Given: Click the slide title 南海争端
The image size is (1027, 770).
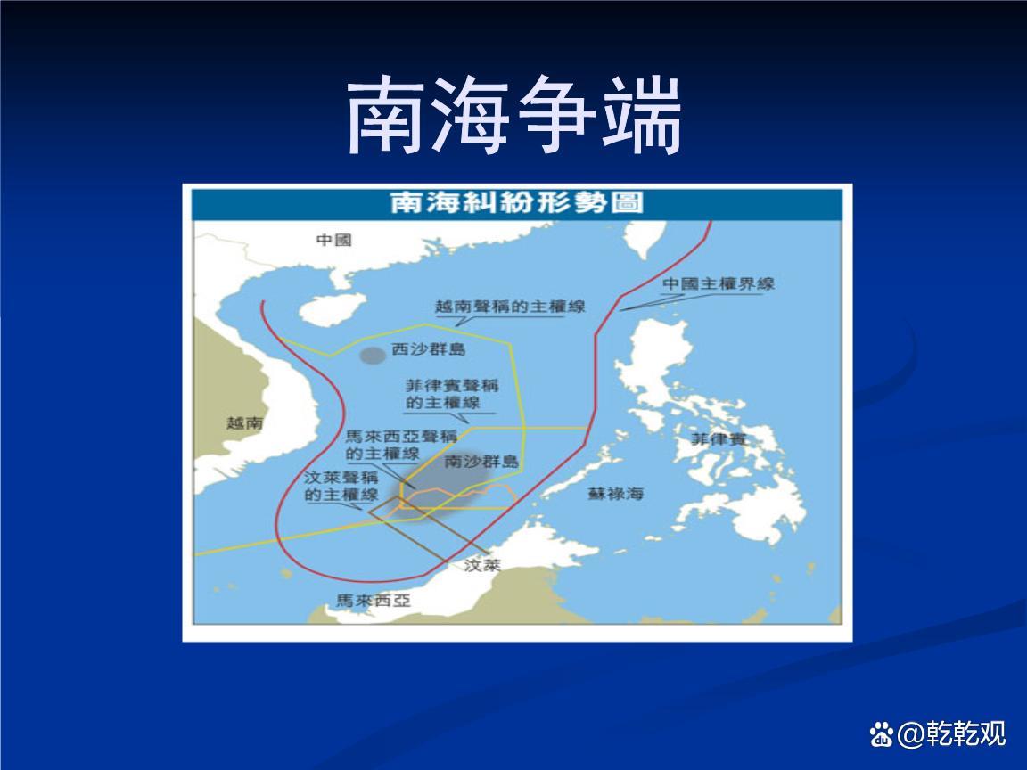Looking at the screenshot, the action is tap(514, 115).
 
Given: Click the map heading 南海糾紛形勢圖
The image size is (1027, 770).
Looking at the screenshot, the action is tap(517, 202).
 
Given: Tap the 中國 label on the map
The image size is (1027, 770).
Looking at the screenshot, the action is tap(334, 240).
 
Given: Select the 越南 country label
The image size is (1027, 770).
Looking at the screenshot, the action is tap(244, 422).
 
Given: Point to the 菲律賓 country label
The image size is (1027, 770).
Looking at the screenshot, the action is tap(719, 438).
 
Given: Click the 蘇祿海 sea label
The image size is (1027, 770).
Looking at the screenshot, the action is tap(615, 493).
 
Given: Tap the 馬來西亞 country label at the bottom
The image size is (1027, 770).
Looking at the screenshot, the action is tap(374, 600).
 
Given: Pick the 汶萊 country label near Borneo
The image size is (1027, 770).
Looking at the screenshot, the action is tap(482, 564).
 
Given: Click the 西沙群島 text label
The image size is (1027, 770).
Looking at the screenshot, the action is tap(428, 349).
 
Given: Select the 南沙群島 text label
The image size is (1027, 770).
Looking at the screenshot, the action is tap(481, 461).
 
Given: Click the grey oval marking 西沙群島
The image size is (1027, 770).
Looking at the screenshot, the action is tap(374, 356).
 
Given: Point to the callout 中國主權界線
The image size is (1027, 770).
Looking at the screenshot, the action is tap(719, 283).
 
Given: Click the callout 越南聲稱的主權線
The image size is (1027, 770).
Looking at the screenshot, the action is tap(510, 306).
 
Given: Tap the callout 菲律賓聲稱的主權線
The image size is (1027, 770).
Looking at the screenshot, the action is tap(451, 394).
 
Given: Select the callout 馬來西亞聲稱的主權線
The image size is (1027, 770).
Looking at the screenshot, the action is tap(401, 445).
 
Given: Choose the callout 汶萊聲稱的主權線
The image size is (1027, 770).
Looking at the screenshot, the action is tap(341, 485).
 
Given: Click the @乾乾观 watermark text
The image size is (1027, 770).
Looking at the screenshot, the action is tap(952, 733).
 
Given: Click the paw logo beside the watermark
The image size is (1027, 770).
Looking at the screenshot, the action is tap(882, 734).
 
